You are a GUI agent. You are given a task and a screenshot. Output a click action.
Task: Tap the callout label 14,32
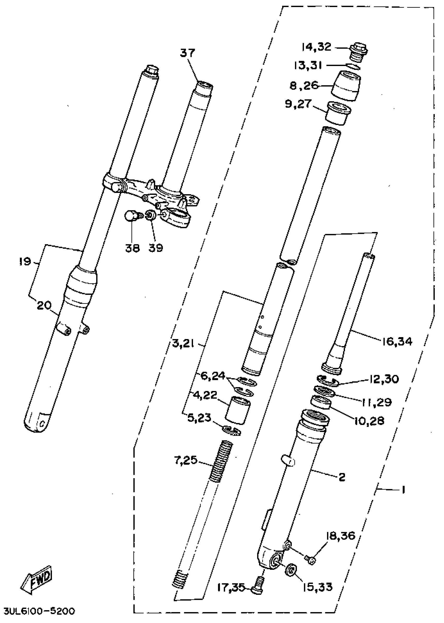[x=317, y=47]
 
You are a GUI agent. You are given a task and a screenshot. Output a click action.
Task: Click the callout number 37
[x=188, y=53]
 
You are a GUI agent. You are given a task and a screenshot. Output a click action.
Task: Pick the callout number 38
[x=133, y=248]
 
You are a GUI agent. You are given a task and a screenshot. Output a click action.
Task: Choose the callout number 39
[x=156, y=248]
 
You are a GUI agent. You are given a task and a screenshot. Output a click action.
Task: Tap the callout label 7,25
[x=186, y=460]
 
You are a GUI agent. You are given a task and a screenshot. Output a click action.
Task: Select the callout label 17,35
[x=231, y=587]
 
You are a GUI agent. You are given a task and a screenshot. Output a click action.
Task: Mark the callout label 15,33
[x=317, y=587]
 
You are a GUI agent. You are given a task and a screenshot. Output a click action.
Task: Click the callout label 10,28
[x=369, y=421]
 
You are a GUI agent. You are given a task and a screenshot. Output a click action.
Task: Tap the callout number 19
[x=25, y=262]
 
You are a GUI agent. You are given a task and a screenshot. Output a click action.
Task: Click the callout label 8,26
[x=304, y=86]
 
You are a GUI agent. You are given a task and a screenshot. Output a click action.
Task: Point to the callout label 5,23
[x=199, y=418]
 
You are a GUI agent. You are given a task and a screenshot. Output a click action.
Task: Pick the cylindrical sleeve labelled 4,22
[x=237, y=411]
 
